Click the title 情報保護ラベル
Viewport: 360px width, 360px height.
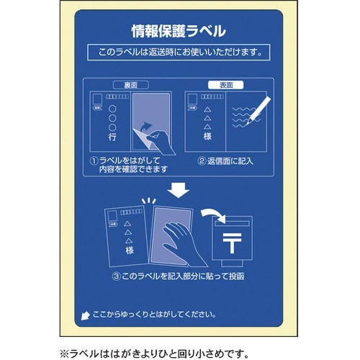pos(179,31)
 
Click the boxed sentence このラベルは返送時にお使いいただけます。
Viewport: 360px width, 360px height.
pos(179,53)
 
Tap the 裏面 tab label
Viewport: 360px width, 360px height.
pos(130,84)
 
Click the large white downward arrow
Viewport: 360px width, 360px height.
pos(179,190)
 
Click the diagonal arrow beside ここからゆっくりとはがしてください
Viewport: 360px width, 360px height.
pos(88,315)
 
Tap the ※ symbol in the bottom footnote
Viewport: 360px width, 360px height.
pos(63,352)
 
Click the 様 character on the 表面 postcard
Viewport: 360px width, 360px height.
pos(208,135)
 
